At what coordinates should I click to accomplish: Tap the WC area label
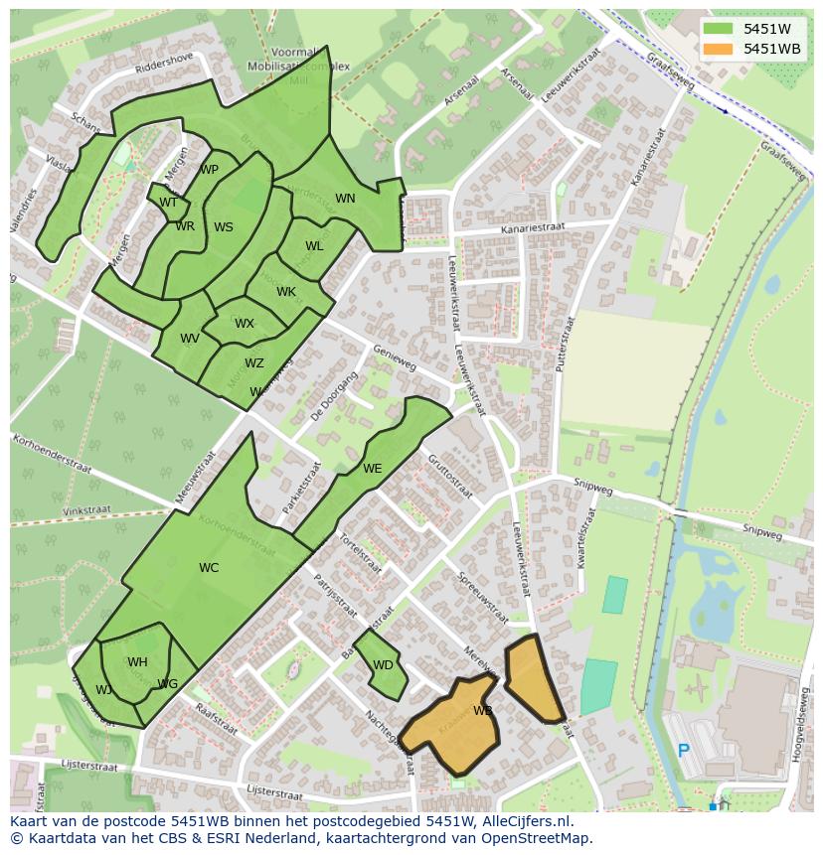[x=209, y=568]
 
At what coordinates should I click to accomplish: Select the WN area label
[x=345, y=199]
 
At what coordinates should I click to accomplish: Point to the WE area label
[x=372, y=469]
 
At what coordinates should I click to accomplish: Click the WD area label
[x=383, y=665]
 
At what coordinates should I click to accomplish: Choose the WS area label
[x=224, y=227]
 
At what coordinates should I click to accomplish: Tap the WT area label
[x=168, y=203]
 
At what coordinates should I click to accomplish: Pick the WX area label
[x=245, y=324]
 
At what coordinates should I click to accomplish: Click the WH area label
[x=137, y=662]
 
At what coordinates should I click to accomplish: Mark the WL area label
[x=314, y=246]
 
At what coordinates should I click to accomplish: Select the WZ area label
[x=254, y=363]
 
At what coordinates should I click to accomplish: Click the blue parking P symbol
[x=684, y=751]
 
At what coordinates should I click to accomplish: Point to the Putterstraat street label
[x=564, y=344]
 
